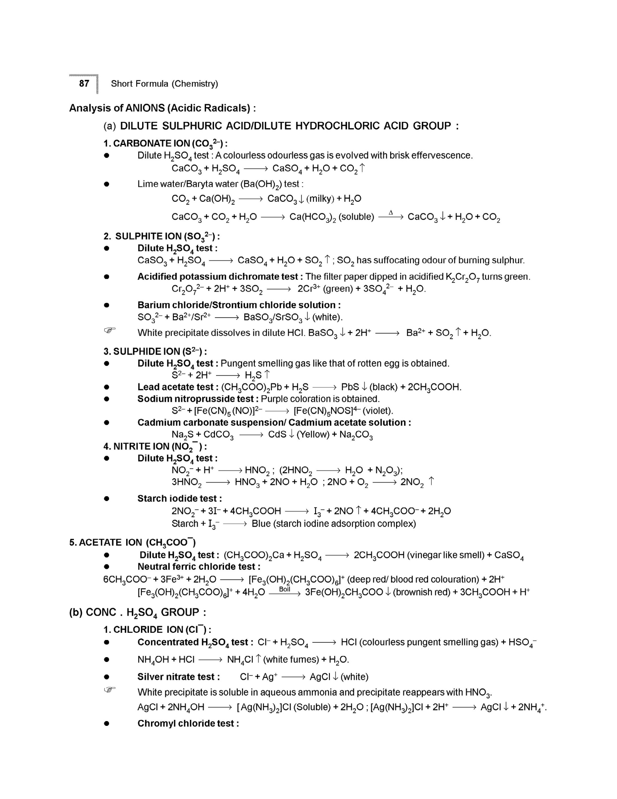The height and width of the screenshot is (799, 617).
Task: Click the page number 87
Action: (x=84, y=83)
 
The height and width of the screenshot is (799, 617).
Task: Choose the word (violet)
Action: (x=378, y=411)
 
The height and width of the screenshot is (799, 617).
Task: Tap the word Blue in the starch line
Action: (x=261, y=524)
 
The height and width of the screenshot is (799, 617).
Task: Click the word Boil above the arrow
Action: (x=284, y=589)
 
